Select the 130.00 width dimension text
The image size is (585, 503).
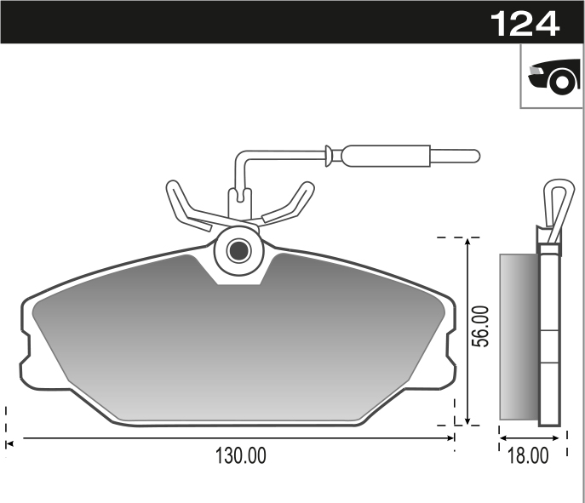(x=239, y=456)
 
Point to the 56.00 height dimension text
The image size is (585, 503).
(x=482, y=326)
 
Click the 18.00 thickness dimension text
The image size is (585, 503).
(x=528, y=456)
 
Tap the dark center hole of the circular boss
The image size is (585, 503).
(x=239, y=250)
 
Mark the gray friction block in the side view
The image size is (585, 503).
(x=519, y=336)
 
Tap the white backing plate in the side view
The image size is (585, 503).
(x=550, y=336)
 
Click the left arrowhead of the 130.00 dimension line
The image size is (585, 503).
(x=10, y=439)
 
